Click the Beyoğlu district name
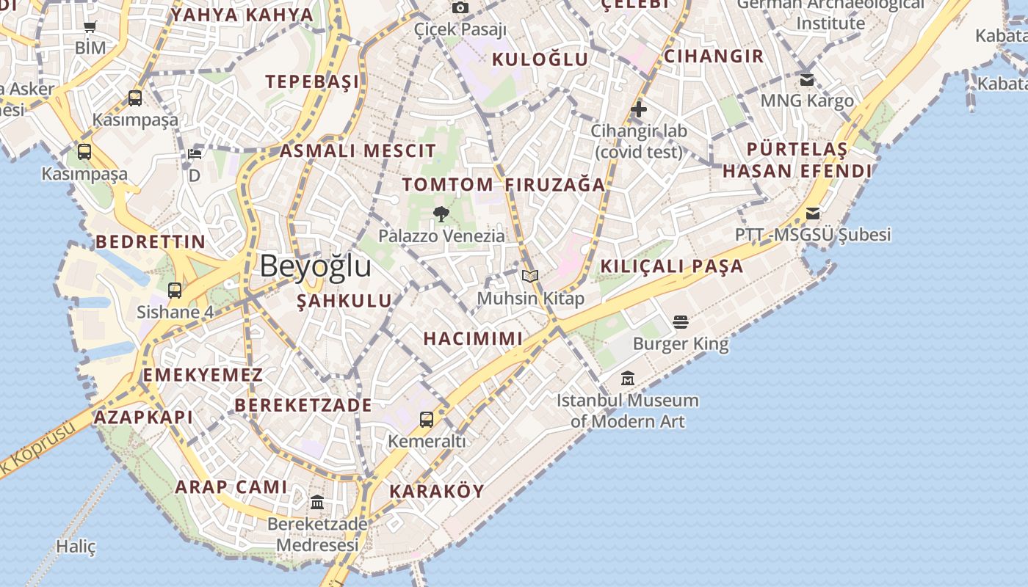tap(315, 266)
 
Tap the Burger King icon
tap(680, 322)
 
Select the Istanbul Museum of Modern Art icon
tap(628, 379)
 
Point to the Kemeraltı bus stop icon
tap(427, 420)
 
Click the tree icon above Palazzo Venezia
tap(441, 214)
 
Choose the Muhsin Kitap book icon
tap(530, 277)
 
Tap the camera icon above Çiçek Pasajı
tap(460, 8)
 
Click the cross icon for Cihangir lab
tap(639, 109)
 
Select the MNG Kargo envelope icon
tap(807, 79)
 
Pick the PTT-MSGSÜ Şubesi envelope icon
tap(813, 214)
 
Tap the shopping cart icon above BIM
tap(90, 27)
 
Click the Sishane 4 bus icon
tap(175, 290)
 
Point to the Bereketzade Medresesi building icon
tap(317, 503)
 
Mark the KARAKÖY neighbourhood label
tap(437, 491)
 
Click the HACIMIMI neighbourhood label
tap(473, 338)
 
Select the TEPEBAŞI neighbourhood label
tap(313, 81)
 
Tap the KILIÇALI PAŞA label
tap(672, 266)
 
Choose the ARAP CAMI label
tap(231, 486)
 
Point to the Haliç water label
tap(76, 547)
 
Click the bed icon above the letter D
tap(195, 154)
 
